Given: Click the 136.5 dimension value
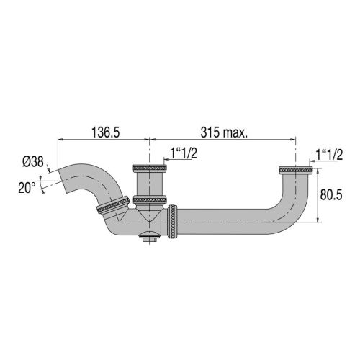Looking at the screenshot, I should (x=104, y=132).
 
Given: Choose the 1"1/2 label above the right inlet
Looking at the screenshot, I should (x=328, y=153).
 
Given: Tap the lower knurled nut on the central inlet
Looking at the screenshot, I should (x=150, y=199).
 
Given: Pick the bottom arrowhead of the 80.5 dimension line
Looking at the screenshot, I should (x=318, y=220).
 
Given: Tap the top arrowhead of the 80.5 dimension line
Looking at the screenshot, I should (x=318, y=170).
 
